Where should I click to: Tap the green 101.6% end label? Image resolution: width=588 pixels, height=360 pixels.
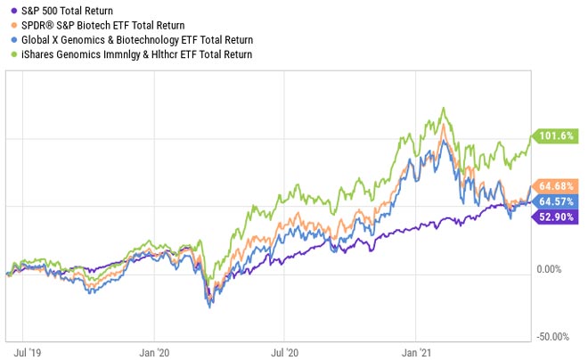pos(557,136)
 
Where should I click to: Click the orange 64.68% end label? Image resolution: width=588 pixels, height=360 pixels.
pos(558,186)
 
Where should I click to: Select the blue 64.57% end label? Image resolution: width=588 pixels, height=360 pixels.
pos(558,201)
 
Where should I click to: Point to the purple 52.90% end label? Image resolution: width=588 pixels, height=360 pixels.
pos(558,217)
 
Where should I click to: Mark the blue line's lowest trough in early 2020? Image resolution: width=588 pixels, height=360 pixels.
pos(209,307)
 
